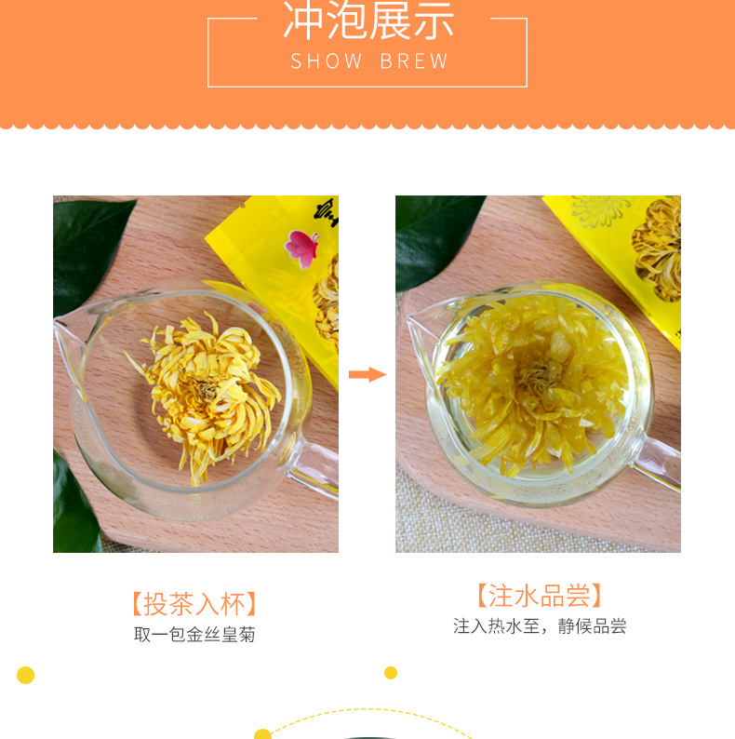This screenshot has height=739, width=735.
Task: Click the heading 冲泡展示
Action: coord(367,21)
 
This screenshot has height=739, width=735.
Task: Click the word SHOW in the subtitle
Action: coord(327,62)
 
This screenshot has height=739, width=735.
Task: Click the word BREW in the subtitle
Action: coord(414,62)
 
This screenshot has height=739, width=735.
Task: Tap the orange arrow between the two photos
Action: coord(367,374)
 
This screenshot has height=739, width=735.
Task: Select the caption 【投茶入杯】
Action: coord(194,603)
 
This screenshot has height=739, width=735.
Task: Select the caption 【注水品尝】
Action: coord(539,596)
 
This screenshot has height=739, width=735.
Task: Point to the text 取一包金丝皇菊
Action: coord(194,635)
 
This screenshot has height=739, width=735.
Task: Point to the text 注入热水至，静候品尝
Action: coord(540,626)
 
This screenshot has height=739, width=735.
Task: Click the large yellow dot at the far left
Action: coord(26,675)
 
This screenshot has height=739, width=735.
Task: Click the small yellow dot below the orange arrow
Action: coord(391,672)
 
